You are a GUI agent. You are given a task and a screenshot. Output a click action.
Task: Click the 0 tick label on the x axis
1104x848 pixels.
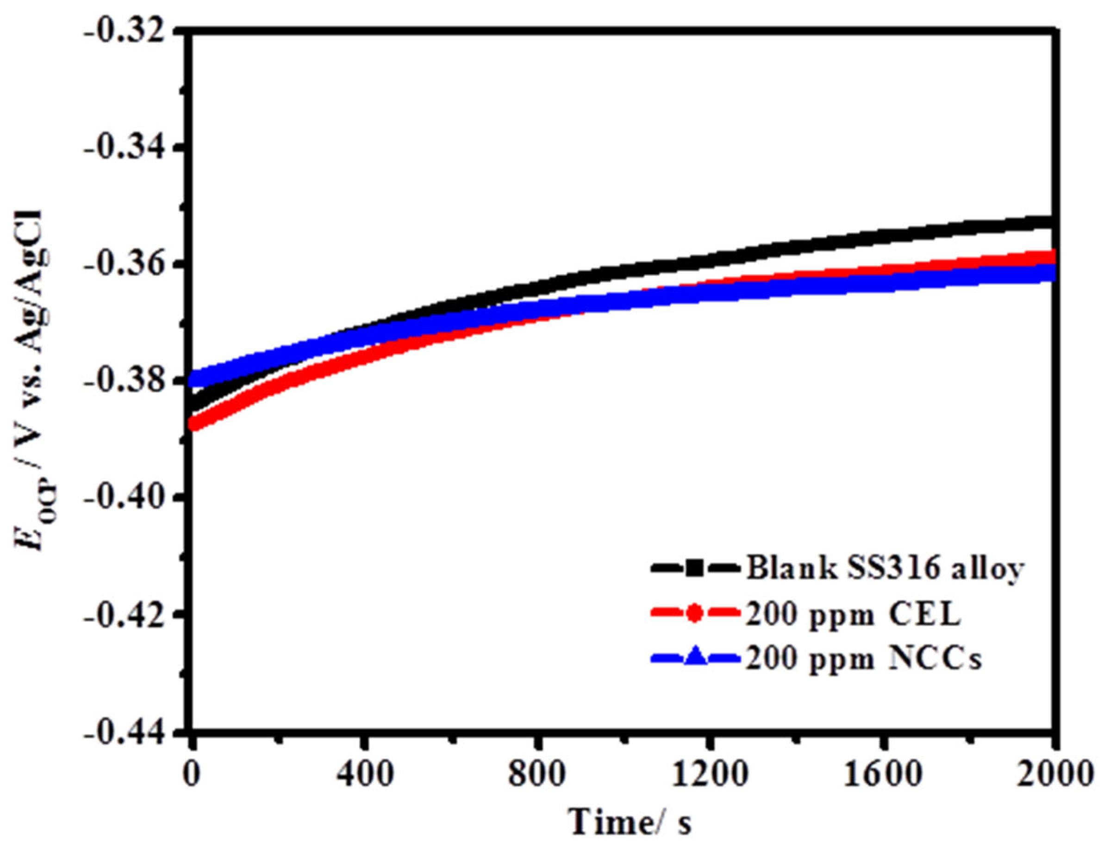point(191,775)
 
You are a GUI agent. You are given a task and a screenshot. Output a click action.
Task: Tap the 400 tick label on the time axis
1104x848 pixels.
point(365,775)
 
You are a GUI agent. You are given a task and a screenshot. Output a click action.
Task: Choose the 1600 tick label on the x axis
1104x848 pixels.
point(883,775)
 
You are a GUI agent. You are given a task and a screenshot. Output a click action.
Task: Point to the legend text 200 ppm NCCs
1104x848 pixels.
point(864,658)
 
